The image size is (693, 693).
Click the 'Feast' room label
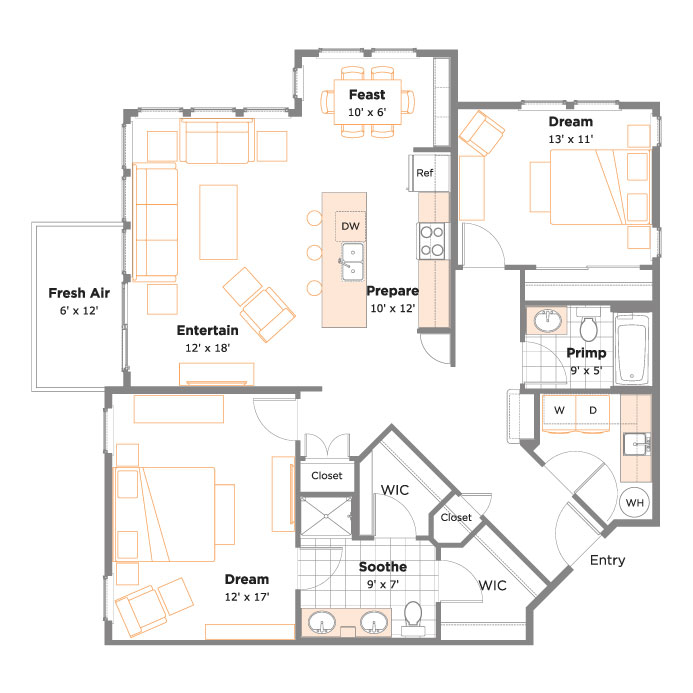[x=367, y=95]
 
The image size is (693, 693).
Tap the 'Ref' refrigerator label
[x=424, y=173]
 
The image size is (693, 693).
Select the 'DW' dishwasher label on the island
[x=350, y=226]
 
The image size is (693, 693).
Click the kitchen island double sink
[x=353, y=262]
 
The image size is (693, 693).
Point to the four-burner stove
[x=432, y=241]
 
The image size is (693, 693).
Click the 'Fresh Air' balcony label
[x=79, y=293]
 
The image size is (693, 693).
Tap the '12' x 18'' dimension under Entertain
[x=207, y=348]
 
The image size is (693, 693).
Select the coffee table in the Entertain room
[x=218, y=222]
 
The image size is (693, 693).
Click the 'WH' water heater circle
[x=635, y=503]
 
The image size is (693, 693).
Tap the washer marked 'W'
[x=559, y=413]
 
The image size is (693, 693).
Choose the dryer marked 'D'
[x=593, y=413]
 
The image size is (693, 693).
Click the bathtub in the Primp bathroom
[x=632, y=350]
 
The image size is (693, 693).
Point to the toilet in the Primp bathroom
[x=588, y=325]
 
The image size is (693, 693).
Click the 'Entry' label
[x=607, y=560]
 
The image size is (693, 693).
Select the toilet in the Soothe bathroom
[x=413, y=618]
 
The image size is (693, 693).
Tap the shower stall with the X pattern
[x=326, y=516]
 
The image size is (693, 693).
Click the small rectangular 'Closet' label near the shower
[x=327, y=476]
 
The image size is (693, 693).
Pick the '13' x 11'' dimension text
[x=571, y=139]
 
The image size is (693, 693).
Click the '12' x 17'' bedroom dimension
[x=247, y=597]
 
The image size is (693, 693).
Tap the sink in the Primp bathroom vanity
[x=548, y=320]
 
